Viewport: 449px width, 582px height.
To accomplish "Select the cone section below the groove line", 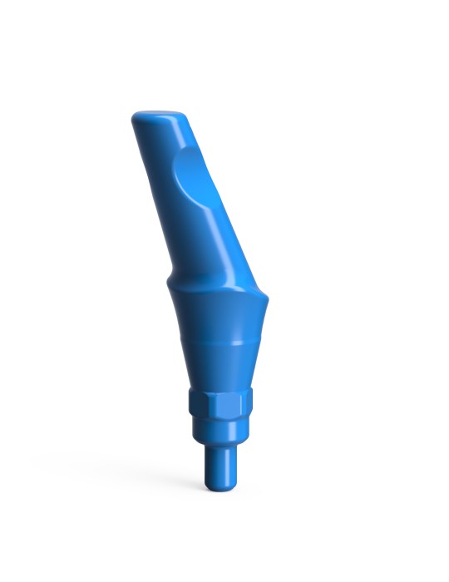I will pos(216,366).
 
